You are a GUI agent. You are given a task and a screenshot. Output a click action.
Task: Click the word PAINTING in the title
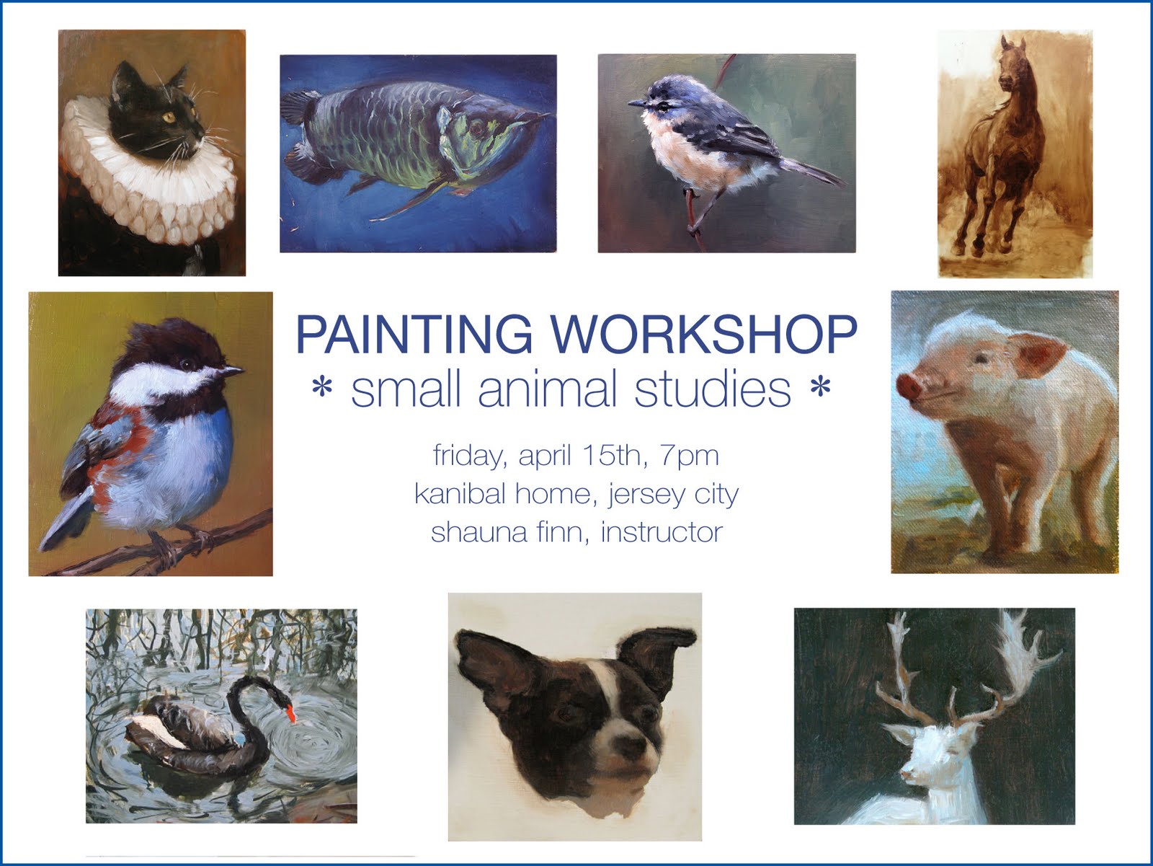point(414,333)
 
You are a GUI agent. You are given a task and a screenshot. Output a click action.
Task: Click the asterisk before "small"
point(321,391)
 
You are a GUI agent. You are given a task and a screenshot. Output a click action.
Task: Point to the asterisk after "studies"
point(820,391)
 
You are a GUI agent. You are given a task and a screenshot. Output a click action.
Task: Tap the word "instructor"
point(661,532)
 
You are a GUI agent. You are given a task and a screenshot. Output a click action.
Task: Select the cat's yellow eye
point(171,116)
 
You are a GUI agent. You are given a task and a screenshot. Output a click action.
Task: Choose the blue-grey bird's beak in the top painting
point(636,104)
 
